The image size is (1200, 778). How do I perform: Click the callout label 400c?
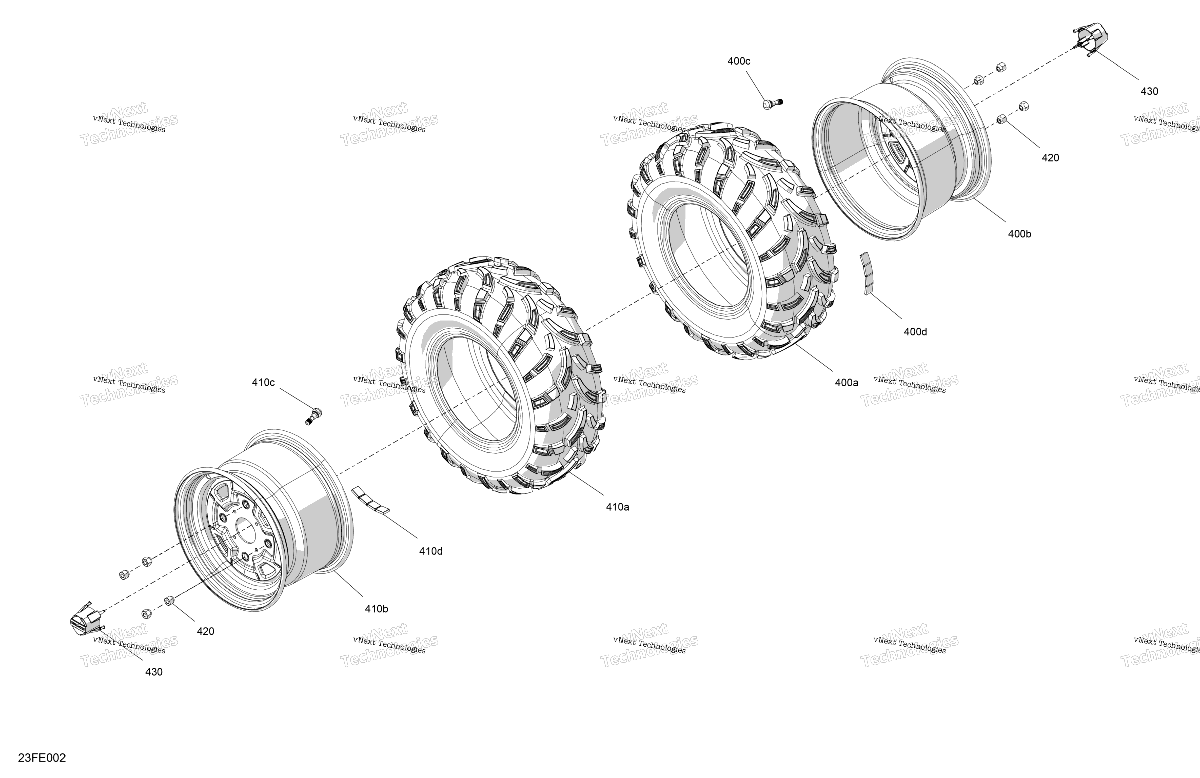[x=739, y=61]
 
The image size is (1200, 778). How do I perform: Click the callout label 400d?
[x=915, y=332]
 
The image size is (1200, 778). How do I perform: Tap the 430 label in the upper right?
[x=1150, y=91]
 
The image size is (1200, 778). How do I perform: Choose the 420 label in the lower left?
[x=205, y=631]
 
